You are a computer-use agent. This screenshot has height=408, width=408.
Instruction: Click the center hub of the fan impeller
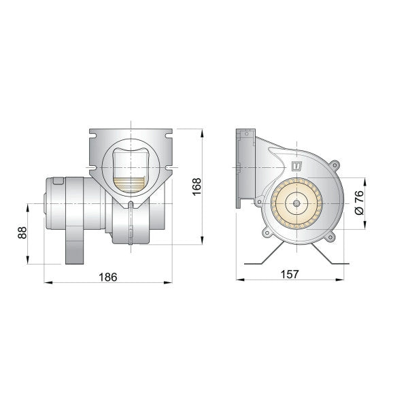298,203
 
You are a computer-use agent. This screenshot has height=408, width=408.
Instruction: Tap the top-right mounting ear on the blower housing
334,164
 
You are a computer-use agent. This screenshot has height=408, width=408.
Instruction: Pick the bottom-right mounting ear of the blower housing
330,237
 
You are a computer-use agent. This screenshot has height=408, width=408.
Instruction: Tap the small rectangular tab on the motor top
58,180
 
